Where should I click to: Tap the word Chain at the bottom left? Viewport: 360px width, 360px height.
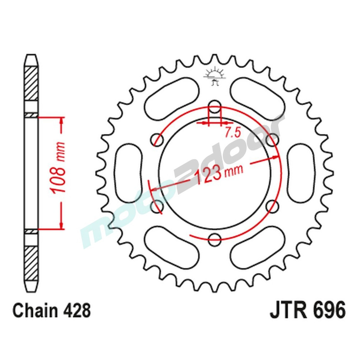coord(35,311)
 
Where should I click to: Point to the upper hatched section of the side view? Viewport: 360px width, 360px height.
coord(31,83)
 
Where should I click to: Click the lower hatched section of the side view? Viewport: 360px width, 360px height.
coord(31,259)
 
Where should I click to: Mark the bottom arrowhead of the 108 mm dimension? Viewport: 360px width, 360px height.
coord(62,225)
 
